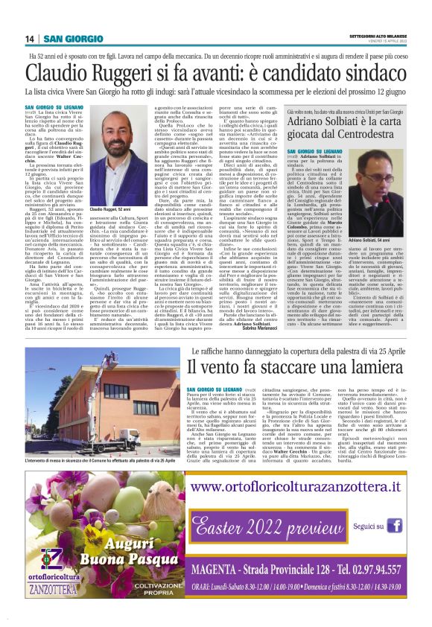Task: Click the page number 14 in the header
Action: click(x=31, y=39)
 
